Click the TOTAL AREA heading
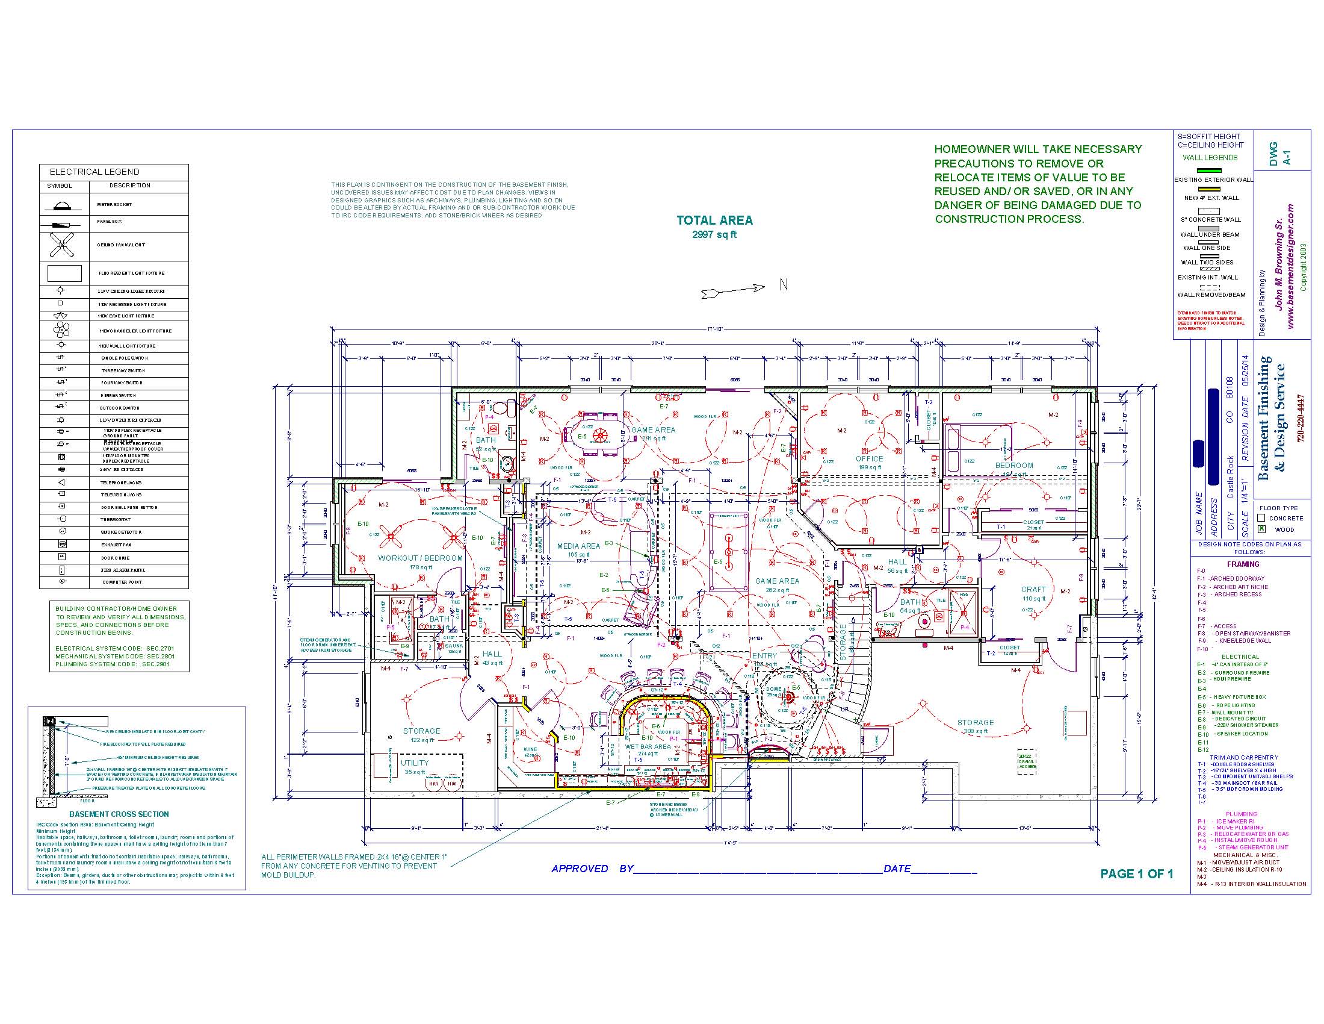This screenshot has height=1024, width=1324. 714,221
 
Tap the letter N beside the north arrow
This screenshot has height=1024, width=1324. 783,284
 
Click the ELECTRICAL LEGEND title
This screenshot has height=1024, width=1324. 94,172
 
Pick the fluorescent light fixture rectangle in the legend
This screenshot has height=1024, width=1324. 64,273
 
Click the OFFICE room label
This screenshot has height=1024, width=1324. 870,458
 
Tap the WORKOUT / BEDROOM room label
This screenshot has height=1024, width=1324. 420,558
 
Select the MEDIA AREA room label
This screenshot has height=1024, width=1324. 578,546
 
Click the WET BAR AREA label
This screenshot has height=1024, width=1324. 648,747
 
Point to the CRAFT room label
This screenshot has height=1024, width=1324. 1033,589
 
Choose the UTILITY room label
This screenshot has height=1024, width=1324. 415,763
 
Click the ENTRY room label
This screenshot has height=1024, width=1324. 764,656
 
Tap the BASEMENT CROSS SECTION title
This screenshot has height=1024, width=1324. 119,814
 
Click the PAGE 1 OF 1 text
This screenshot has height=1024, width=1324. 1137,873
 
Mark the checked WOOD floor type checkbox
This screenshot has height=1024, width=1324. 1261,529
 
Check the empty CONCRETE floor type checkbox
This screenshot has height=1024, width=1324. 1261,518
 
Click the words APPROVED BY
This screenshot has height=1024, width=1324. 592,869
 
